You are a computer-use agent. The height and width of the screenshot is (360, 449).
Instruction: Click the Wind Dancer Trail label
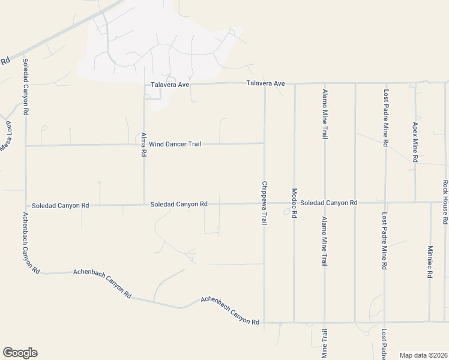[175, 144]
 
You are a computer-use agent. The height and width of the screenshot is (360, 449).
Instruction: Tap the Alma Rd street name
[144, 144]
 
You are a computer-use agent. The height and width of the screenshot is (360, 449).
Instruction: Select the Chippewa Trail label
[264, 203]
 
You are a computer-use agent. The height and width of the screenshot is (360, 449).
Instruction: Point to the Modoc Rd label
[294, 203]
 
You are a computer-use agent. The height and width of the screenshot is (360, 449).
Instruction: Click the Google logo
[20, 353]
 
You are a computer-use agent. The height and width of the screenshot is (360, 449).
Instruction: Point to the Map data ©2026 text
[423, 355]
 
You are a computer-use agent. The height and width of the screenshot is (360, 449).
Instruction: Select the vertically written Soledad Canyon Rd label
[26, 87]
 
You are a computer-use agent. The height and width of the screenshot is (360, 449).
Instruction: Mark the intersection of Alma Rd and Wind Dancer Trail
[144, 145]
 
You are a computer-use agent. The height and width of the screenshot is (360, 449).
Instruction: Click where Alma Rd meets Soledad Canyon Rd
[144, 204]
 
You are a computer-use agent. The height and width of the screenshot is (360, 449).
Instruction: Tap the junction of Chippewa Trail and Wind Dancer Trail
[265, 143]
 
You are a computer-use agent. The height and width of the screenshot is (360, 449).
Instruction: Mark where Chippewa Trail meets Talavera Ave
[265, 83]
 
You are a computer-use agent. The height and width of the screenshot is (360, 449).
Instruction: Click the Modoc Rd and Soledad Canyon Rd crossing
[295, 203]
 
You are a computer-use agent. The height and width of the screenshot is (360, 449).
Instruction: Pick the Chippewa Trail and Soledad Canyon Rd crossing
[265, 203]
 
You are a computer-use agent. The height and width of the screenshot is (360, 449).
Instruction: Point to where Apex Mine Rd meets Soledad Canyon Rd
[415, 202]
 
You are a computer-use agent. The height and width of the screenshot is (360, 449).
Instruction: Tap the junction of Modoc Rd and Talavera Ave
[295, 83]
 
